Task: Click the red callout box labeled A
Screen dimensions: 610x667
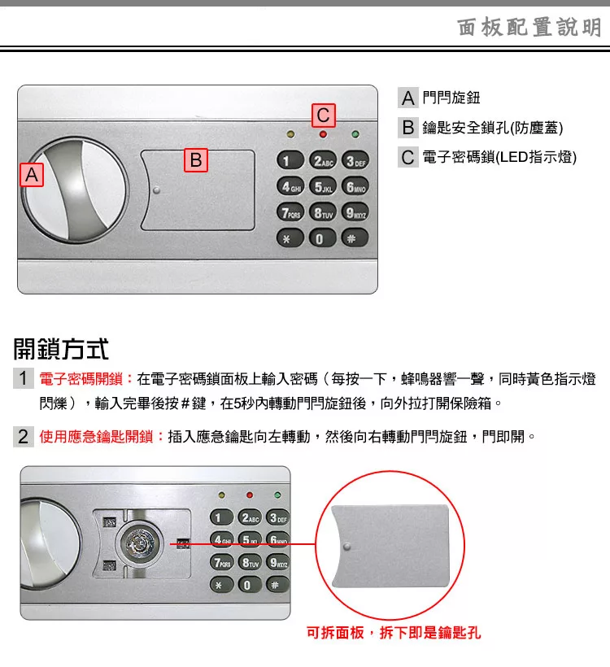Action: click(32, 174)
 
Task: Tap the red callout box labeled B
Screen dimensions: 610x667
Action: click(196, 160)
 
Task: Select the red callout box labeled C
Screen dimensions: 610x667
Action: click(323, 116)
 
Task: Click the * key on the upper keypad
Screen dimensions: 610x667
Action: click(290, 238)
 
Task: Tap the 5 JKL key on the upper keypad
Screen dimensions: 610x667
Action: click(323, 187)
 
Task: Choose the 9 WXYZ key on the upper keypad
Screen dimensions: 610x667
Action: click(355, 212)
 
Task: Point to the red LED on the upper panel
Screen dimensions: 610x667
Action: click(323, 134)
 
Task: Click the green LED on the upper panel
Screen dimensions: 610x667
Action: click(355, 134)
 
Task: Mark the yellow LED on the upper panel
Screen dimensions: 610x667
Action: click(290, 134)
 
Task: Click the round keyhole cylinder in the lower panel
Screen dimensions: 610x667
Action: click(140, 543)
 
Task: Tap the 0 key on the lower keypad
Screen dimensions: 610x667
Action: click(247, 585)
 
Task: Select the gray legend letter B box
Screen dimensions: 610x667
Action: click(408, 127)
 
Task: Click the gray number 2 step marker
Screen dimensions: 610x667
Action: click(23, 437)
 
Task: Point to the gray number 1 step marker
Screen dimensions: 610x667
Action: click(23, 378)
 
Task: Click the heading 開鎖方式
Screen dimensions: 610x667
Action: click(61, 349)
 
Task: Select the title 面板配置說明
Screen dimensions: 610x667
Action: click(529, 27)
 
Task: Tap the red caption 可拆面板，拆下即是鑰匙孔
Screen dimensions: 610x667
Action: click(394, 633)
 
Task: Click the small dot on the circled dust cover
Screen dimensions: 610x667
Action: click(347, 547)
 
